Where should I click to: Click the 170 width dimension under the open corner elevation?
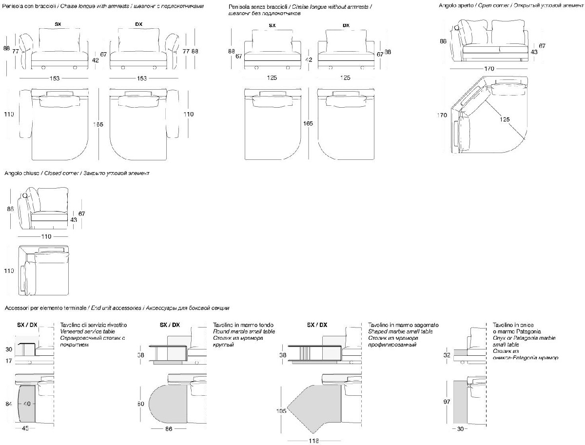489,68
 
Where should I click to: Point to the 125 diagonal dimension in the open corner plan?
505,118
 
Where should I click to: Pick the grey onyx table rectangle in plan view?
461,403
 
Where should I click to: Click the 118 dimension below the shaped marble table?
313,441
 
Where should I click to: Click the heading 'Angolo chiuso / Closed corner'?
77,173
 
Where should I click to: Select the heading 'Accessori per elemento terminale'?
117,308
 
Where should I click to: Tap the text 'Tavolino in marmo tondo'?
243,325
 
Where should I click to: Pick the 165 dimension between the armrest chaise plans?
99,124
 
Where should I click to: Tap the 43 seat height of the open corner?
534,52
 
